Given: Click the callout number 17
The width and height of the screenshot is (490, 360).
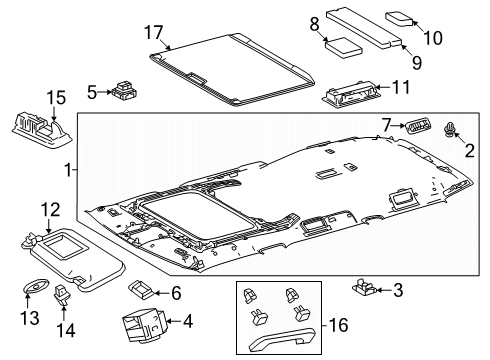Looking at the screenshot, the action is (x=154, y=33).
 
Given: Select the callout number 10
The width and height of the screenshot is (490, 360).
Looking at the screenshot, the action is (x=433, y=38).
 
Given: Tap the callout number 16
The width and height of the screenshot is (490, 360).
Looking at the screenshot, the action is (x=338, y=325).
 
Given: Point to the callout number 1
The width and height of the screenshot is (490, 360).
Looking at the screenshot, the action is (x=68, y=170).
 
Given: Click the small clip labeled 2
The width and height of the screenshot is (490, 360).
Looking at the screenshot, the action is (x=449, y=129).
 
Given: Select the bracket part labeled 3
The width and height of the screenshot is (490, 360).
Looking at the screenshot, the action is (x=364, y=287).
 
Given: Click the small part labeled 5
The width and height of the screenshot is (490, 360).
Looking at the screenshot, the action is (x=124, y=90).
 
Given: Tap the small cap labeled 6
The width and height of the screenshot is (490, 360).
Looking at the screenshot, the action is (x=140, y=289).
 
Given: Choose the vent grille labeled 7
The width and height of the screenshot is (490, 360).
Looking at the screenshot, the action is (x=417, y=127).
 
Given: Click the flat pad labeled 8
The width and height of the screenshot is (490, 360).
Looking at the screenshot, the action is (x=344, y=48).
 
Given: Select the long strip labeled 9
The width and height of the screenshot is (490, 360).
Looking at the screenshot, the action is (x=364, y=28).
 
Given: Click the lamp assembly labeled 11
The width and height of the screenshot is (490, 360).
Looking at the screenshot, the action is (x=349, y=94).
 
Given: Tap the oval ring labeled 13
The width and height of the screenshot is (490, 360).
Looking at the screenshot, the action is (x=35, y=288).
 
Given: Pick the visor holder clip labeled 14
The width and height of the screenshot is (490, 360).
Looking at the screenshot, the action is (x=61, y=294).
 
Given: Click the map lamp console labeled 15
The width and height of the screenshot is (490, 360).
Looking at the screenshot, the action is (x=41, y=130).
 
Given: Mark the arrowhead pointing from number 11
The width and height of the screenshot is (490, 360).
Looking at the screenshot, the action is (x=377, y=87).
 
